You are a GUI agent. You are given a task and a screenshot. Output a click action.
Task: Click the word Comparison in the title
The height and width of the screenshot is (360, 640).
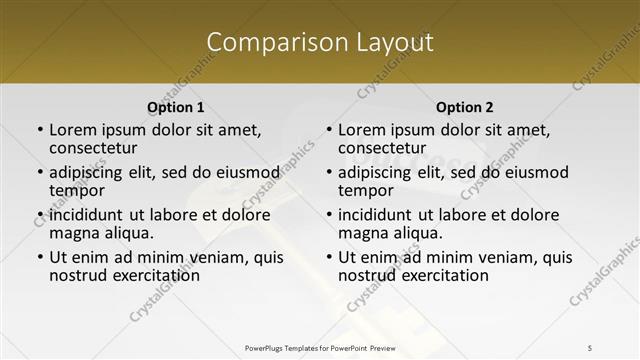coord(267,43)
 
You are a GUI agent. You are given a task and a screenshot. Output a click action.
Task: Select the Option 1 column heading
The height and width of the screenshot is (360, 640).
coord(175,107)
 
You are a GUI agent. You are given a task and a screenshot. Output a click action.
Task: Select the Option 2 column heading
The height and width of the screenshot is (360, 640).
coord(464,107)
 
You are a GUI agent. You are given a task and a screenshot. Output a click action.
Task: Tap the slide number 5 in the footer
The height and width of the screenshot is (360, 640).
coord(591,347)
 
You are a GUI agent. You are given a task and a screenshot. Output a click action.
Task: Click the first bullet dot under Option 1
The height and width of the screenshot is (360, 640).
coord(40,130)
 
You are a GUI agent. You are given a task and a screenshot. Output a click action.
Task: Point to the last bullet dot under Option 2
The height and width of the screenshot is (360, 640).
coord(329,257)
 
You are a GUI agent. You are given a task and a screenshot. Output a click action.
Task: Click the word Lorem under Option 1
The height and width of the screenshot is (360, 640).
coord(73,129)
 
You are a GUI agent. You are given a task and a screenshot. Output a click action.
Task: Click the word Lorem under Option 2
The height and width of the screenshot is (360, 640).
coord(362,129)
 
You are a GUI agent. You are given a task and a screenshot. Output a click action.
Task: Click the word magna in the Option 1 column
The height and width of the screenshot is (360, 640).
coord(73,233)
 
